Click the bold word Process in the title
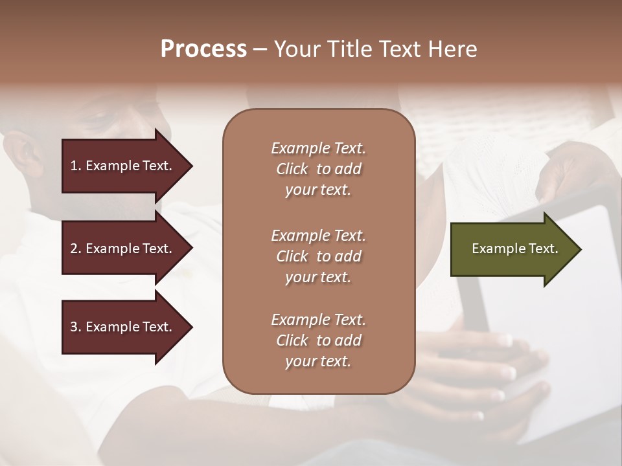[x=203, y=49]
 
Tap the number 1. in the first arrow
[x=76, y=166]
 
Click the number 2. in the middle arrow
[x=76, y=249]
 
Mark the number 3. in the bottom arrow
[x=76, y=327]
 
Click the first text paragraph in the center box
[x=318, y=169]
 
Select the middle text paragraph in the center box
[x=318, y=256]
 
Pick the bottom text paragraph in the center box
[x=318, y=340]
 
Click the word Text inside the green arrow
[x=544, y=249]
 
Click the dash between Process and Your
[x=260, y=50]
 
